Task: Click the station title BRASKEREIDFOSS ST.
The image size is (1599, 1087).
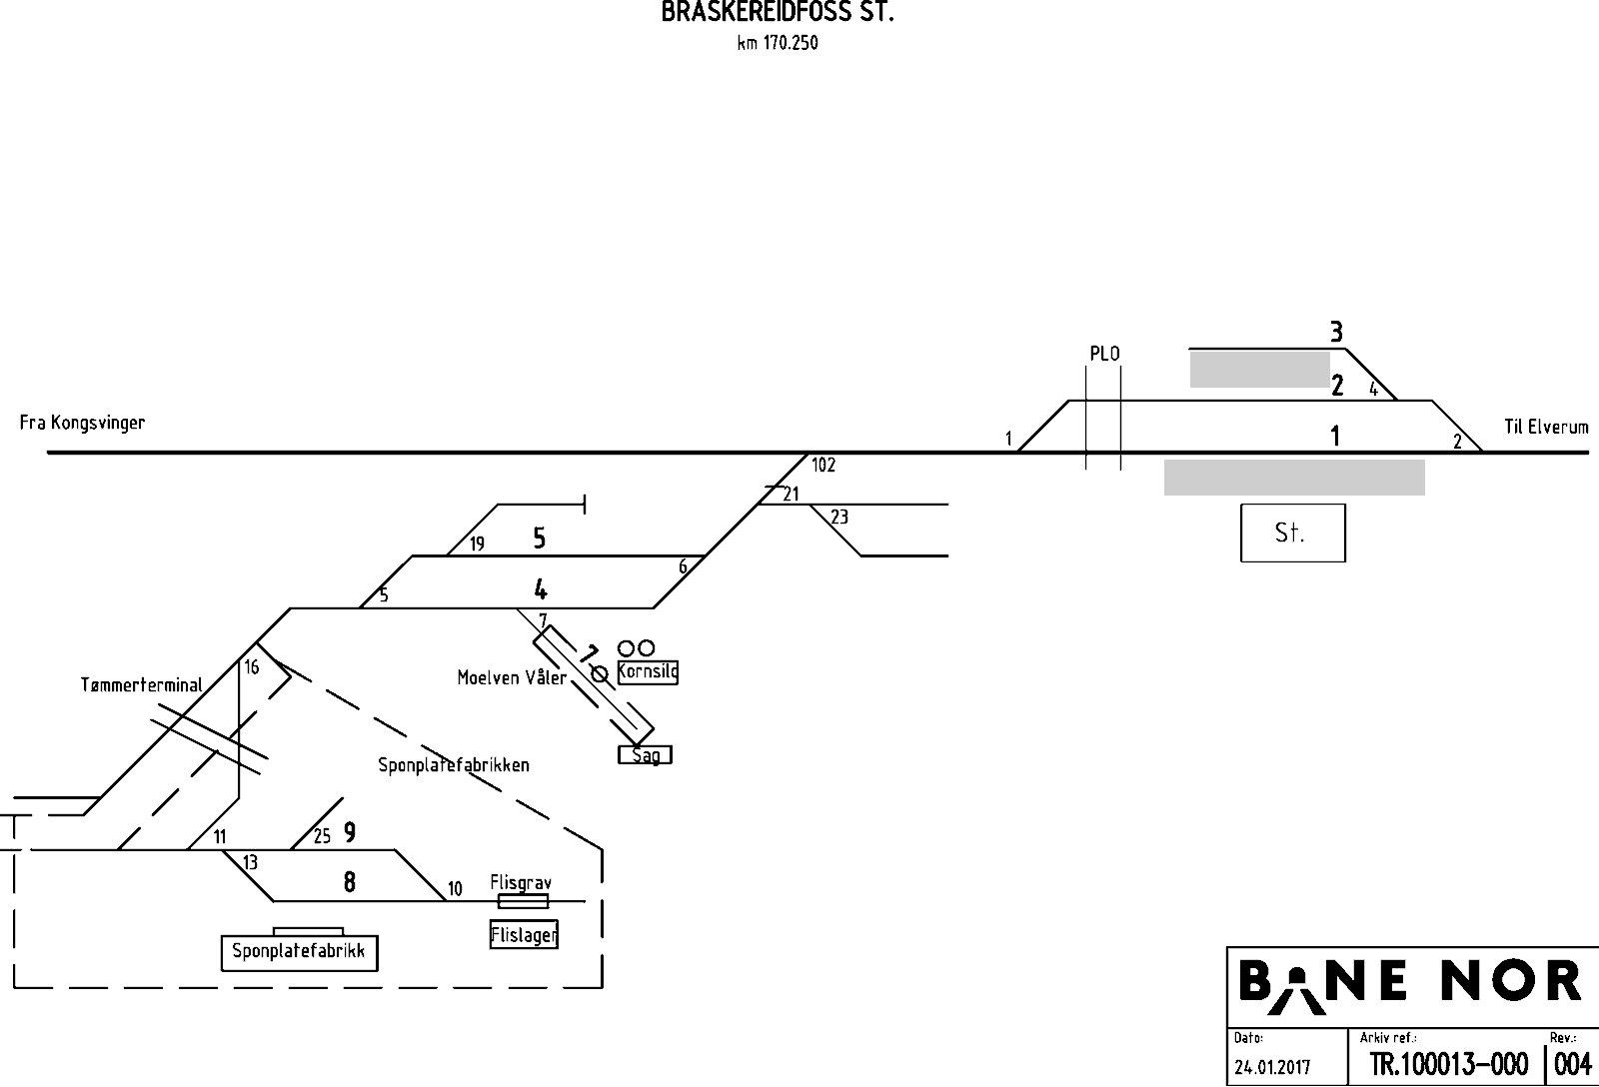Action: point(778,12)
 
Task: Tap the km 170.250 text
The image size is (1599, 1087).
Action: point(778,43)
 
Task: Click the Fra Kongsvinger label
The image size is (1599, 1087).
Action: point(82,424)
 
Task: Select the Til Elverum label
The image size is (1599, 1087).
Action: point(1546,427)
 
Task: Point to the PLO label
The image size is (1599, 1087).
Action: point(1104,354)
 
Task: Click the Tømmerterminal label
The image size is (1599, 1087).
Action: point(141,685)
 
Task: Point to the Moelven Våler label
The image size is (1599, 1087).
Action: point(512,677)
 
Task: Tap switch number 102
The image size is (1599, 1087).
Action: point(823,466)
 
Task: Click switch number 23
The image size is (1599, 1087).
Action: point(839,516)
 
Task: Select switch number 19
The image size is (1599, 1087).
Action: point(477,543)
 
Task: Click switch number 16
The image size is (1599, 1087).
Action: point(251,667)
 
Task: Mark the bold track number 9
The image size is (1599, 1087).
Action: point(349,832)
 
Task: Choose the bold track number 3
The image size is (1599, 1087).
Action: point(1336,332)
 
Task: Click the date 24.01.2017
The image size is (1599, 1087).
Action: point(1272,1067)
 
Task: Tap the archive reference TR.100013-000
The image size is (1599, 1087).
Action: point(1449,1064)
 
